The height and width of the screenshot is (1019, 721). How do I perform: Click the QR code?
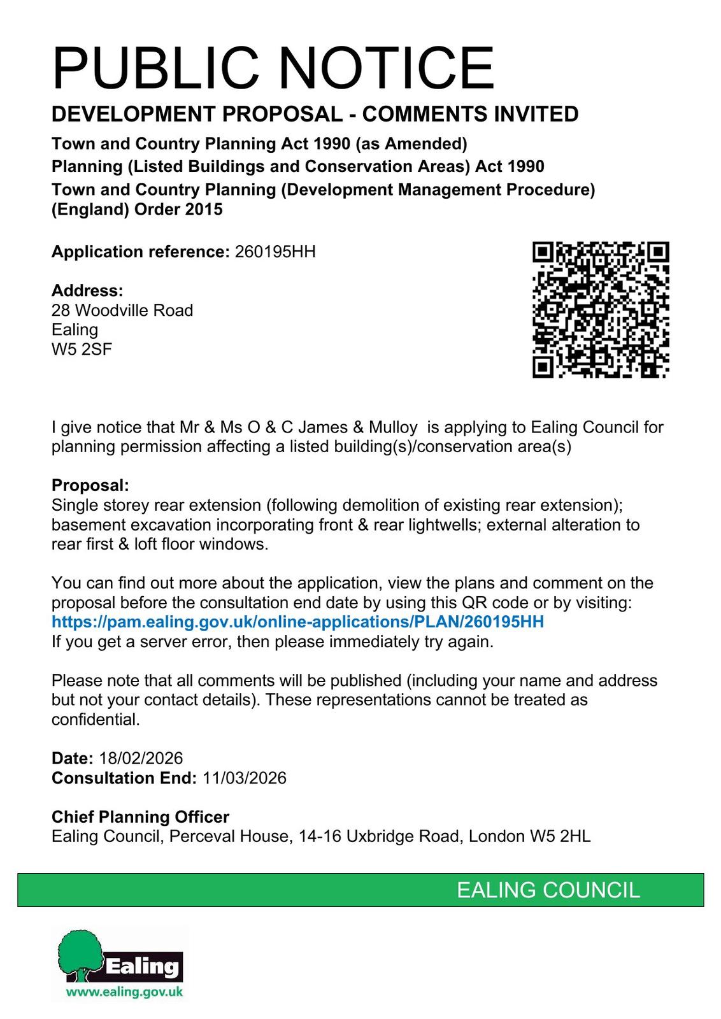point(601,310)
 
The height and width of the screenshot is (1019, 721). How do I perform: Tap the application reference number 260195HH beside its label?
point(275,252)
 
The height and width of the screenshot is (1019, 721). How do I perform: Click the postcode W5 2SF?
point(82,349)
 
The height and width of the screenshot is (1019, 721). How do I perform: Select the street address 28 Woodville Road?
point(122,310)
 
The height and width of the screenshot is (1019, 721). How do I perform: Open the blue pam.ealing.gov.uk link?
point(297,622)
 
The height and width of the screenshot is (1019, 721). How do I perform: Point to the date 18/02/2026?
point(141,758)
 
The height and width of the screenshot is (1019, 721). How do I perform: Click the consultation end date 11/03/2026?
point(245,778)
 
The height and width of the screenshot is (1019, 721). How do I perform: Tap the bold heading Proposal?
point(90,485)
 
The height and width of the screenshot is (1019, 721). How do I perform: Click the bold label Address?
point(87,290)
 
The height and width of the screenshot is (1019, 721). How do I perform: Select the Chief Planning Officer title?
point(140,816)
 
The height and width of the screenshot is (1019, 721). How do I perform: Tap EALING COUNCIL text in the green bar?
point(548,890)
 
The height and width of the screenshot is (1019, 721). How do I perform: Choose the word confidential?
point(95,720)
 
